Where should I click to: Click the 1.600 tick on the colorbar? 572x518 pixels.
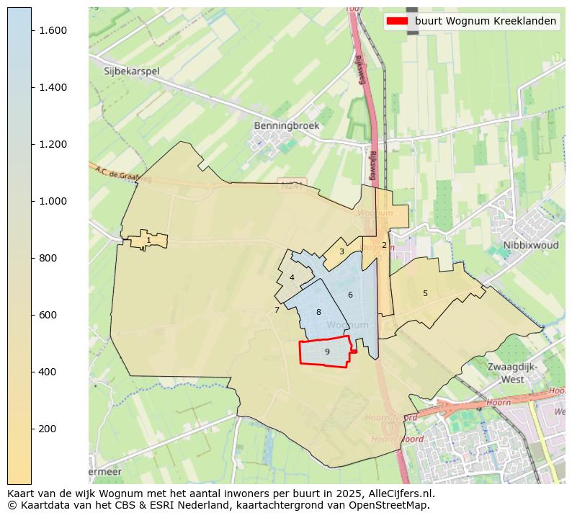coord(32,30)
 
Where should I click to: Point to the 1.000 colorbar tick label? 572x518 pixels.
coord(53,201)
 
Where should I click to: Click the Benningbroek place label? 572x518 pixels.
coord(286,125)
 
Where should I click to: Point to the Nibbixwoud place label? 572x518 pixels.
coord(531,245)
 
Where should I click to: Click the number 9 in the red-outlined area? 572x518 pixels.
coord(327,352)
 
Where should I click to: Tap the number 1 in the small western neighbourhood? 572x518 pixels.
coord(148,241)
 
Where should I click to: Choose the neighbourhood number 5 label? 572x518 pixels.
coord(425,293)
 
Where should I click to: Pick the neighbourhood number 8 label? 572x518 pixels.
coord(318,312)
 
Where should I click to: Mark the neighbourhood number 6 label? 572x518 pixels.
coord(350,295)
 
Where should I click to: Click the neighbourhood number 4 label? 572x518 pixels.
coord(292,277)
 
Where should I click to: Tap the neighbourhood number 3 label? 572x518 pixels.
coord(341,251)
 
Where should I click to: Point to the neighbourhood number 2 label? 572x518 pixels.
coord(384,245)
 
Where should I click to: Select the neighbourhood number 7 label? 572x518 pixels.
coord(277,310)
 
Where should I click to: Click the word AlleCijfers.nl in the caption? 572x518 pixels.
coord(399,494)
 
